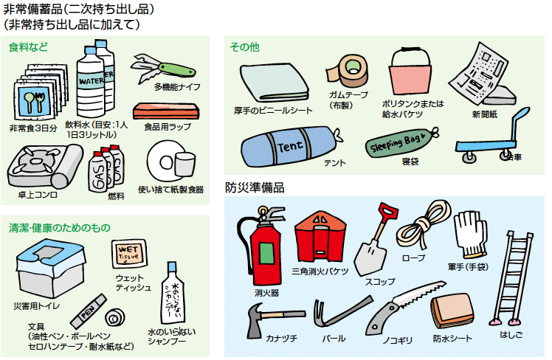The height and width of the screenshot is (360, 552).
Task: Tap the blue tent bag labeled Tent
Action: (x=285, y=145)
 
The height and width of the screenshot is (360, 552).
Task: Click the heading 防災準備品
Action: (x=255, y=187)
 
